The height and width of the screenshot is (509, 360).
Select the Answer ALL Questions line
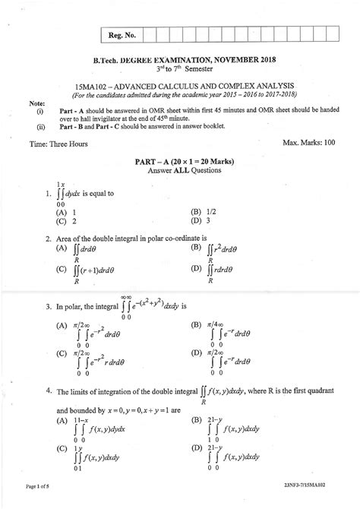180,172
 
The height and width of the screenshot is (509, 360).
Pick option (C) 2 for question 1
65,221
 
